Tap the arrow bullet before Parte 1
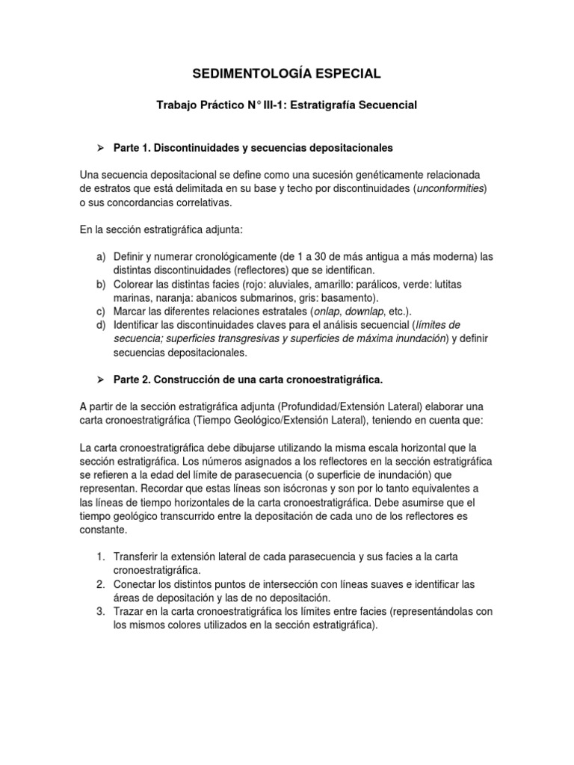pos(101,148)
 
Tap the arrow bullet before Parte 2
pos(101,381)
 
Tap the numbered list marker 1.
pos(101,557)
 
